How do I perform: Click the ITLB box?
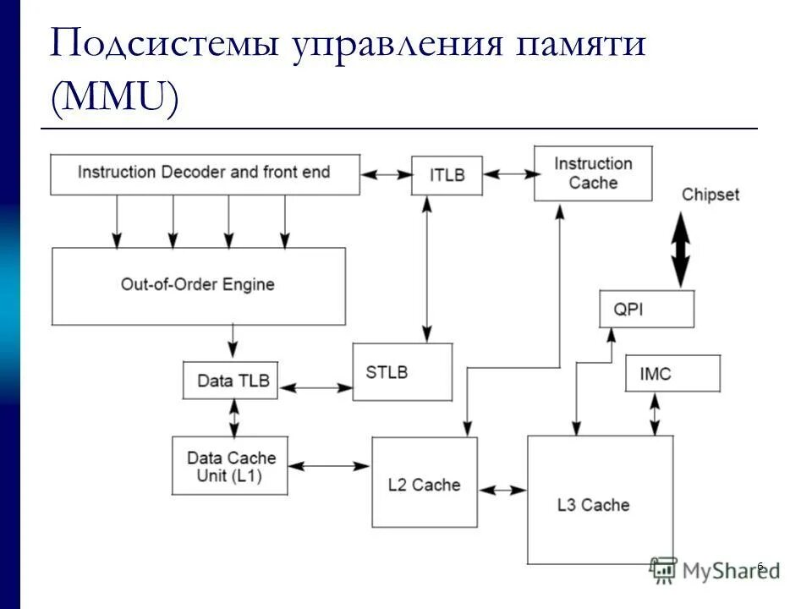447,175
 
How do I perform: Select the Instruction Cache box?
592,173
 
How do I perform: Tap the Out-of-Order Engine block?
199,285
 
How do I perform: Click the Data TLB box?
230,381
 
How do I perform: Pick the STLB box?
402,372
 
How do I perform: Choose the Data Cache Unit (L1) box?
229,465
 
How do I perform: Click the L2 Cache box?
425,485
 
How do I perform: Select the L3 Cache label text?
594,505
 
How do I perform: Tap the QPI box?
646,309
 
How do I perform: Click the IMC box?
672,373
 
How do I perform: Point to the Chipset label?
710,195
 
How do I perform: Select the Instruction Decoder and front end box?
205,173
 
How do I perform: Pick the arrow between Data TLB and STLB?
315,387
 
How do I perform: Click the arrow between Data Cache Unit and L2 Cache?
330,465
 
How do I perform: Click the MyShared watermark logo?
715,571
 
